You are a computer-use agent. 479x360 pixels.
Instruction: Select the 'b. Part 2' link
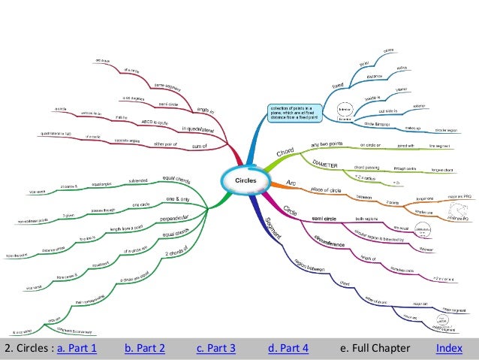145,348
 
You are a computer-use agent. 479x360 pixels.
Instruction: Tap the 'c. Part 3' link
216,348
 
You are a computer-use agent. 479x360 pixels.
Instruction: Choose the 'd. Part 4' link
288,348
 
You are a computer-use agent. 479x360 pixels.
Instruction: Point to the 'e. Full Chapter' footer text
375,348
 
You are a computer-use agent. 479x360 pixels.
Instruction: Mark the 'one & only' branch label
177,200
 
